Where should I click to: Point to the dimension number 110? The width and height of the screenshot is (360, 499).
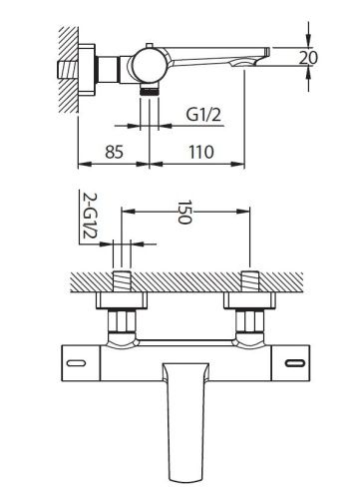pos(202,155)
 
